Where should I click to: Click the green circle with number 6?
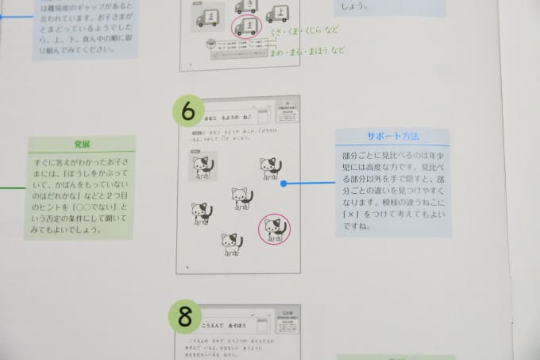pos(188,112)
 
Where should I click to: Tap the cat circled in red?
pos(275,229)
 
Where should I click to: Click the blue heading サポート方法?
pos(392,136)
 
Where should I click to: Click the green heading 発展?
pos(82,145)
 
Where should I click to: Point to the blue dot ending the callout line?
pos(284,184)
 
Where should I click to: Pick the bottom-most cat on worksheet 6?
pos(231,244)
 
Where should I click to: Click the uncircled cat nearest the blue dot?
pos(271,168)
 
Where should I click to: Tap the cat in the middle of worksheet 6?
pos(241,196)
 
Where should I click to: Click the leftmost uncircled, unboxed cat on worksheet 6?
pos(201,213)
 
